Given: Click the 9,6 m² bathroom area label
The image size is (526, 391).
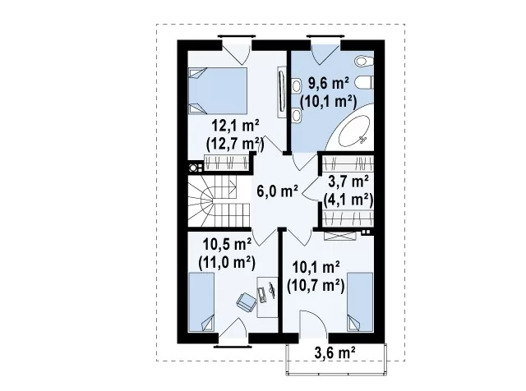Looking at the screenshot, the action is (329, 84).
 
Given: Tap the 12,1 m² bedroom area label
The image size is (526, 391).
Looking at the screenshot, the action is (236, 126).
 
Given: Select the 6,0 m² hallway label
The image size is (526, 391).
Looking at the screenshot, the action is (278, 191).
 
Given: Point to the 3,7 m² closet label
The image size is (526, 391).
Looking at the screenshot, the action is (348, 182).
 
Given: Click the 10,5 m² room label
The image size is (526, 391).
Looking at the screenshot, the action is (227, 244).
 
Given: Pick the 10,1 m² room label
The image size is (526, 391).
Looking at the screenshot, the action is (316, 268).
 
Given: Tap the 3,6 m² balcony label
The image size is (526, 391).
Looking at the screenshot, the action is (335, 352).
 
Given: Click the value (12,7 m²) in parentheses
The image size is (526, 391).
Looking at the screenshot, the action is (235, 145).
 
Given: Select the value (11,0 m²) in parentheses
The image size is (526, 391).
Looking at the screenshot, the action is (227, 262).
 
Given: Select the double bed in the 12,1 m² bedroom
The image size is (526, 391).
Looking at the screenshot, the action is (218, 91).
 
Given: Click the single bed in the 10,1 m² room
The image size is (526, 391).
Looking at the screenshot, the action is (360, 302).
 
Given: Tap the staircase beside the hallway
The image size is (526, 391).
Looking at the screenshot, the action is (219, 201).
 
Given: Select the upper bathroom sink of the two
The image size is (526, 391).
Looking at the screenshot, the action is (296, 86).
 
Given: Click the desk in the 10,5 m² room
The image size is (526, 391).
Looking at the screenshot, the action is (267, 297).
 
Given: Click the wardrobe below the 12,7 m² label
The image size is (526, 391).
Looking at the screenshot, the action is (227, 163).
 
